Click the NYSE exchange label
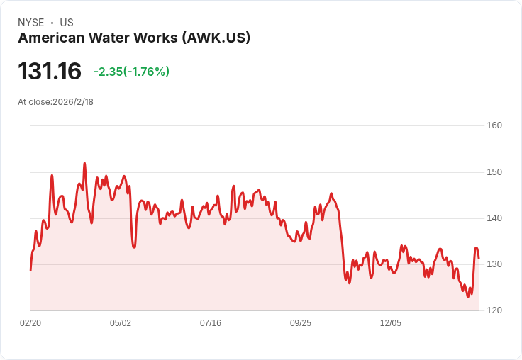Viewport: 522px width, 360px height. [x=30, y=23]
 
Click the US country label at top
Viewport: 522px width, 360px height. [x=67, y=23]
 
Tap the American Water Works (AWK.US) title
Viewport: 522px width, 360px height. [x=134, y=38]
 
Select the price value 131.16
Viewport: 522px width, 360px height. [x=50, y=72]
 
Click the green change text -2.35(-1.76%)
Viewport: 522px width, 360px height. [x=131, y=72]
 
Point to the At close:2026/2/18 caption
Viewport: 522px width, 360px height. [x=55, y=101]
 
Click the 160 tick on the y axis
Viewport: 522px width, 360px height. [x=494, y=125]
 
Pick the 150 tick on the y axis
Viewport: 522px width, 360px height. [x=494, y=172]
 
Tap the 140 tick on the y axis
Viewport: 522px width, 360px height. [x=494, y=218]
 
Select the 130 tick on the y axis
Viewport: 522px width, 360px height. [x=494, y=264]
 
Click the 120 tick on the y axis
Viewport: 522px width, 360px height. [x=494, y=310]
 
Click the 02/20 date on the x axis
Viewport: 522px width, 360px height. [x=30, y=323]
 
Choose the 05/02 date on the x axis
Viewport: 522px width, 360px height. [x=121, y=323]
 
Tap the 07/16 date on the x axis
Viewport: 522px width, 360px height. [x=211, y=323]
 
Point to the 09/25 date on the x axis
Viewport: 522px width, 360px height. [x=301, y=323]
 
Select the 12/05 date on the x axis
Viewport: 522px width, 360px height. [x=391, y=323]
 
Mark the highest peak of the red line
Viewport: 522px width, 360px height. [x=84, y=164]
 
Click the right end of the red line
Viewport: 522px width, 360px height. [x=479, y=258]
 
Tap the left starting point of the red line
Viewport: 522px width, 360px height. [x=30, y=269]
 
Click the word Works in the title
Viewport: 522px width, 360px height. [x=157, y=38]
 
